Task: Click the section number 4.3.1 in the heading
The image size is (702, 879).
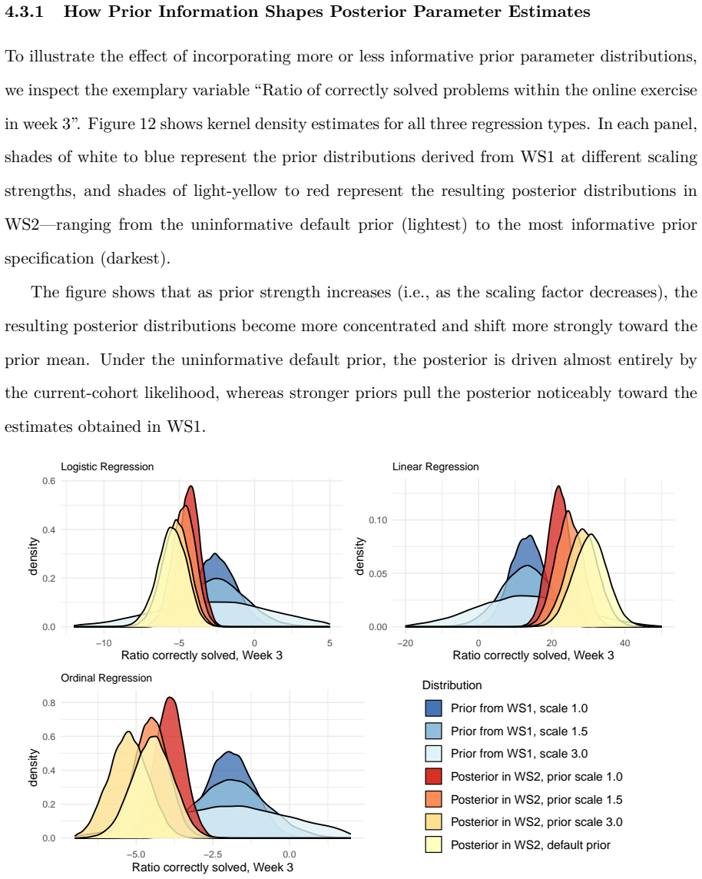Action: click(x=24, y=12)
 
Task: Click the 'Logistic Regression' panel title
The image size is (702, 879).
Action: click(x=107, y=466)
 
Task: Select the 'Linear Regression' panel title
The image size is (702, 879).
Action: click(x=435, y=466)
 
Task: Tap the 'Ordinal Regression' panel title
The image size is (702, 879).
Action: click(x=107, y=678)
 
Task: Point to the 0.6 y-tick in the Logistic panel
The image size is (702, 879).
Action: click(x=48, y=481)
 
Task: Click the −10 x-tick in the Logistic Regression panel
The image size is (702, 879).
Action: click(x=104, y=643)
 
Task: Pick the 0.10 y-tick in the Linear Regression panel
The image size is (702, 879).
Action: click(x=378, y=520)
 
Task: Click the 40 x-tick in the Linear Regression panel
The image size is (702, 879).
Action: click(x=624, y=643)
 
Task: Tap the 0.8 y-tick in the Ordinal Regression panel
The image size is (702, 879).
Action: click(x=48, y=703)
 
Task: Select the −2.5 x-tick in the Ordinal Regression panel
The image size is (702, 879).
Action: click(x=212, y=854)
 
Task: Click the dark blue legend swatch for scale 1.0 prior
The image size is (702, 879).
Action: click(x=434, y=708)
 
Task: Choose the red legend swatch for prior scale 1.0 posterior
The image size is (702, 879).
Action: click(x=434, y=776)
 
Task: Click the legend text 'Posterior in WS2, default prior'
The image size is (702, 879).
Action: click(x=531, y=844)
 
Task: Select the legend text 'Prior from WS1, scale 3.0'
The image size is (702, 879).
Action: click(x=519, y=754)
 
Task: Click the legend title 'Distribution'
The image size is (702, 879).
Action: click(x=452, y=685)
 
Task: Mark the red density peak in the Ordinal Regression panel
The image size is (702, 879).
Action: click(x=170, y=698)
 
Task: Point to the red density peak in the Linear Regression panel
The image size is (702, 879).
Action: click(x=558, y=486)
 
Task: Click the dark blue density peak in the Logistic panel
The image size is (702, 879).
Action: click(x=214, y=555)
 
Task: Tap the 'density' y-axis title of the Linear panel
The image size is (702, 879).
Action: click(x=359, y=556)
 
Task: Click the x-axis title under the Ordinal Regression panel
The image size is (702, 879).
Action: click(x=212, y=867)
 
